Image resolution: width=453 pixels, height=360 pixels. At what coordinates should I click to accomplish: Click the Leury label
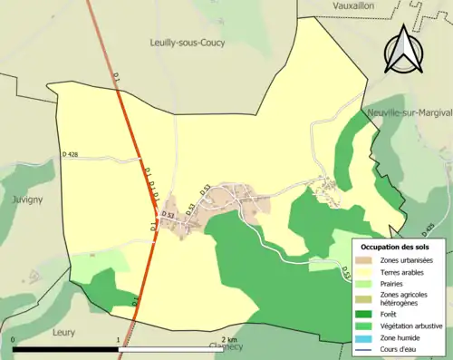[x=63, y=331]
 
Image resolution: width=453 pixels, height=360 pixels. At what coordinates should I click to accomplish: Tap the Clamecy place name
[x=226, y=345]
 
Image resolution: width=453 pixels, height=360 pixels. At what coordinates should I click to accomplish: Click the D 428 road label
[x=72, y=156]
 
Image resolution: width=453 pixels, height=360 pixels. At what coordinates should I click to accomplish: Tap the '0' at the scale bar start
[x=14, y=340]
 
